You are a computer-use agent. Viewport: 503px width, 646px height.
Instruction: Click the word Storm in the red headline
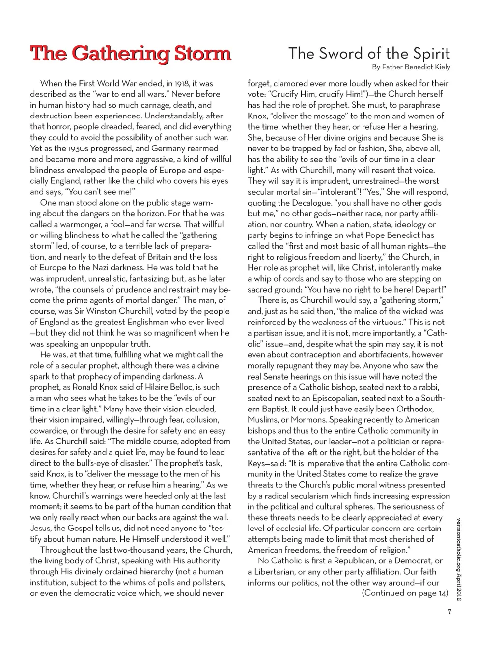pos(198,53)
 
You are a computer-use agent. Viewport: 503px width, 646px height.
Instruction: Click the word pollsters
pos(203,583)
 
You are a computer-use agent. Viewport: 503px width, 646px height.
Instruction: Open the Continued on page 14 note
pos(405,593)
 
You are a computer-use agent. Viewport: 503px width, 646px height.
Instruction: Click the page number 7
pos(449,612)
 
